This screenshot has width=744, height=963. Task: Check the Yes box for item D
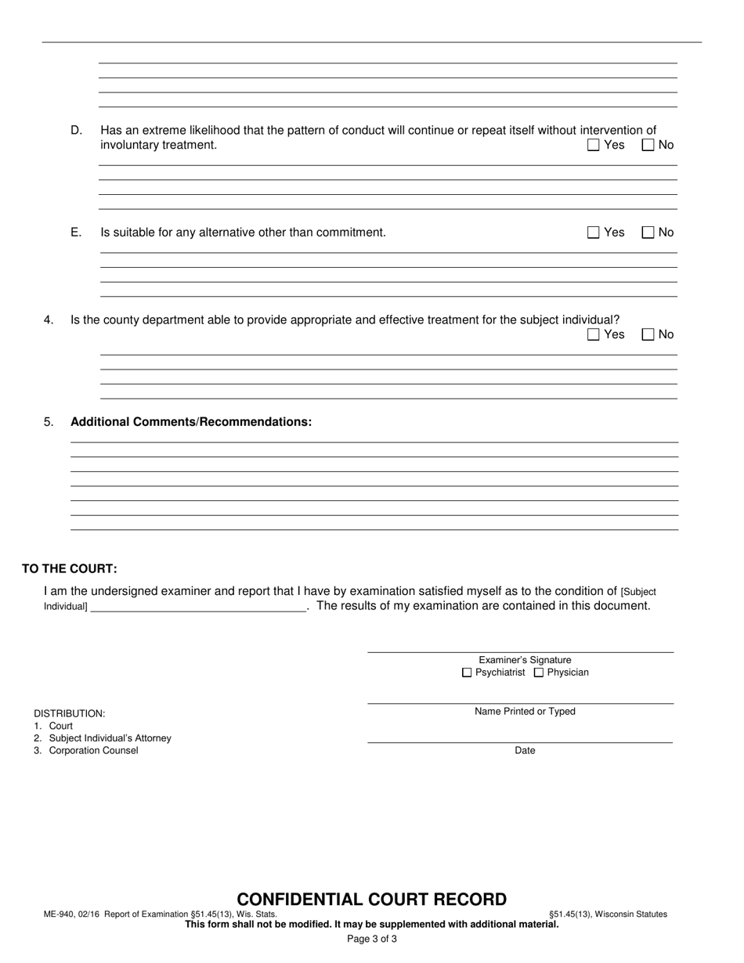594,145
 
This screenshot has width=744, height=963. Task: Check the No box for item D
648,145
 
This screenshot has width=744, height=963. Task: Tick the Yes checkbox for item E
594,233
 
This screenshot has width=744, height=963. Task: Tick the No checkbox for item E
648,233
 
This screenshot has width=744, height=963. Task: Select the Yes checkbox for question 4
594,334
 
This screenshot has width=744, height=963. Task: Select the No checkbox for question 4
648,334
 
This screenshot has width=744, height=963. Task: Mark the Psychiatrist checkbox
468,673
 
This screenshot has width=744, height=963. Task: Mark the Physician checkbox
539,673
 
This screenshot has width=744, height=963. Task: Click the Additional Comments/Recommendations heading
191,422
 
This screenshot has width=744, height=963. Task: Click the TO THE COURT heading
70,569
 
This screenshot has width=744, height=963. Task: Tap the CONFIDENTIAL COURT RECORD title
372,900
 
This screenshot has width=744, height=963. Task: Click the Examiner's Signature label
525,660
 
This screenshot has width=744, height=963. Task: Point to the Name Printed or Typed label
525,712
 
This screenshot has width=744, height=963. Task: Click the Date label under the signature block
525,751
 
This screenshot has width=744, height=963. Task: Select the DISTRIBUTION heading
70,714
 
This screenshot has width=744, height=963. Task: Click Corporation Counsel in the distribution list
93,751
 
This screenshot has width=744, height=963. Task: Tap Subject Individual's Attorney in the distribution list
110,738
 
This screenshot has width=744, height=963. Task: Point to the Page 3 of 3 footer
372,940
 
